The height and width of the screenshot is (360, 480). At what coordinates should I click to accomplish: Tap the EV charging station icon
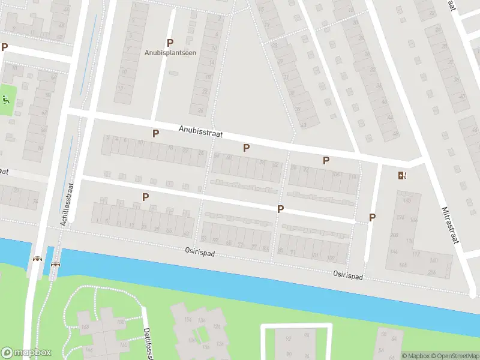point(401,176)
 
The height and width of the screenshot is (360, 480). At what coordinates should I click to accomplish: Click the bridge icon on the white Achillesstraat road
point(38,259)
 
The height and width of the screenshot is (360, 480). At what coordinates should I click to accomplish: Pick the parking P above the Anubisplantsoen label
point(170,43)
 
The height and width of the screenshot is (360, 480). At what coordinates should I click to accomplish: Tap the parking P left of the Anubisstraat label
point(155,133)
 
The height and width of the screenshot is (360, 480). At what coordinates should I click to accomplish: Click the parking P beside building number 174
point(373,217)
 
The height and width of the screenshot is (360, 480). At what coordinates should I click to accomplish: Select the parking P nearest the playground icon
point(5,47)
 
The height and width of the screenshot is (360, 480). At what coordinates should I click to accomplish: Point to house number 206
point(431,272)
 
